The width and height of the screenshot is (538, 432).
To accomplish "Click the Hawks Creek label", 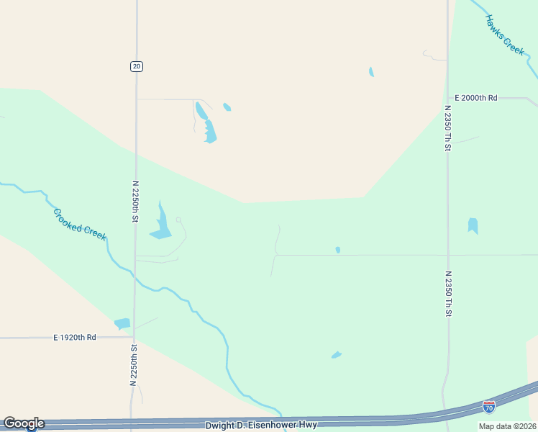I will tap(505, 35).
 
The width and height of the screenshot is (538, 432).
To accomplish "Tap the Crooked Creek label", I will tap(80, 224).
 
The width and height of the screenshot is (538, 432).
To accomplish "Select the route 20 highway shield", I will tap(137, 66).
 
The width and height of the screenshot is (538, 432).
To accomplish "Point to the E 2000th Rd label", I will tap(476, 98).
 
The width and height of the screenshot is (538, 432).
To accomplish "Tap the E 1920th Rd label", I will tap(74, 337).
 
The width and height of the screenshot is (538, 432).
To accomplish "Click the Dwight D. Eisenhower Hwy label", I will tap(261, 425).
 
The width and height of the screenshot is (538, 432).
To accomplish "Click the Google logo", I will tap(24, 423).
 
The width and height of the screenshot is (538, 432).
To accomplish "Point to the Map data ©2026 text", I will tap(507, 426).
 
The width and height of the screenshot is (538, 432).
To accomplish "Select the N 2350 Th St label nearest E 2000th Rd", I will tap(447, 128).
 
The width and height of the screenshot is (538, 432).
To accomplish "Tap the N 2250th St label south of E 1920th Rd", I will tap(134, 366).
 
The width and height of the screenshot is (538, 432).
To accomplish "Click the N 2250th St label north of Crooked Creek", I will tap(134, 201).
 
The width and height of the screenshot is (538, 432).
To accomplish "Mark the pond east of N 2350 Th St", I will tap(473, 225).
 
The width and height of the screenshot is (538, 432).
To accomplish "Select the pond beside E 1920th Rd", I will tap(122, 324).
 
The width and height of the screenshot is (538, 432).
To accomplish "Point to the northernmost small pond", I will tap(371, 72).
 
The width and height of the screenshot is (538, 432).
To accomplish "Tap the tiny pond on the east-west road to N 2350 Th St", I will tap(337, 250).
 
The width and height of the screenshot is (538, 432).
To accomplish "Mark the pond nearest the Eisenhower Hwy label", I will tap(336, 355).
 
